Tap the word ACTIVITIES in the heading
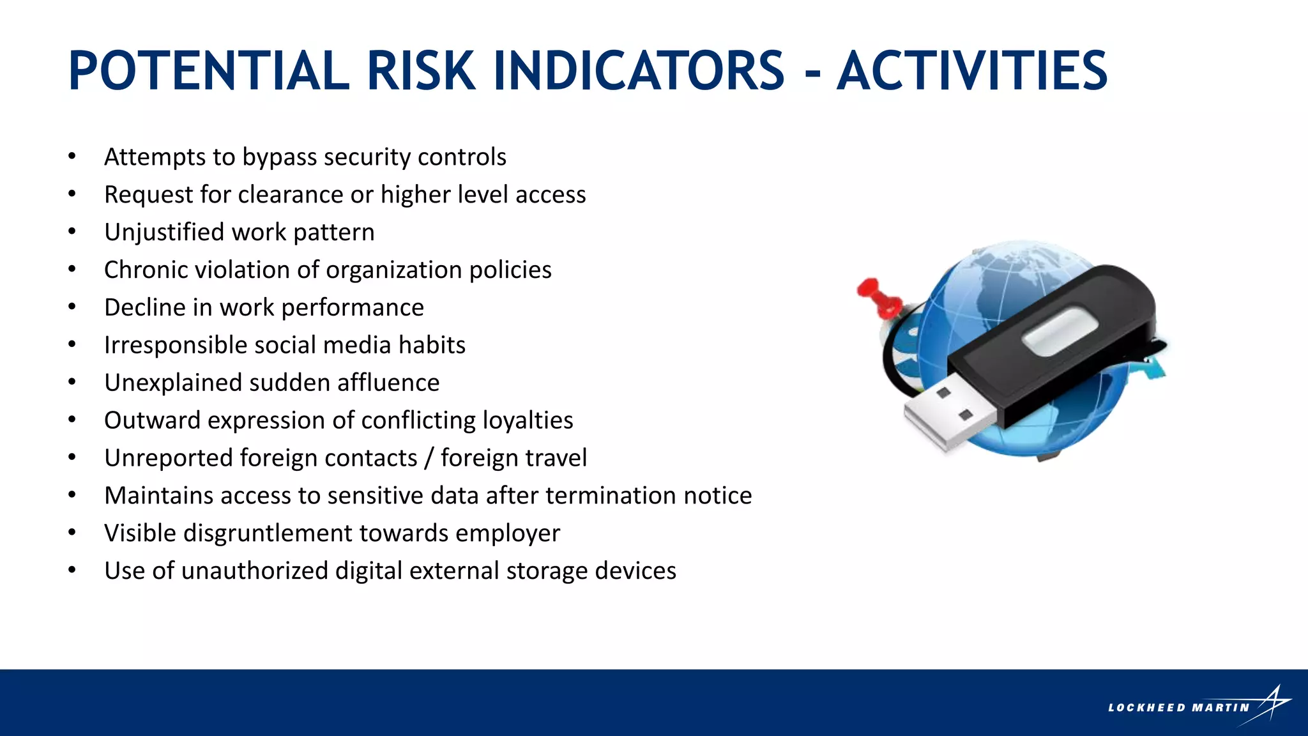(971, 71)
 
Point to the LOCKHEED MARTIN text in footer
(1178, 708)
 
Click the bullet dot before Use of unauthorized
(72, 570)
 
